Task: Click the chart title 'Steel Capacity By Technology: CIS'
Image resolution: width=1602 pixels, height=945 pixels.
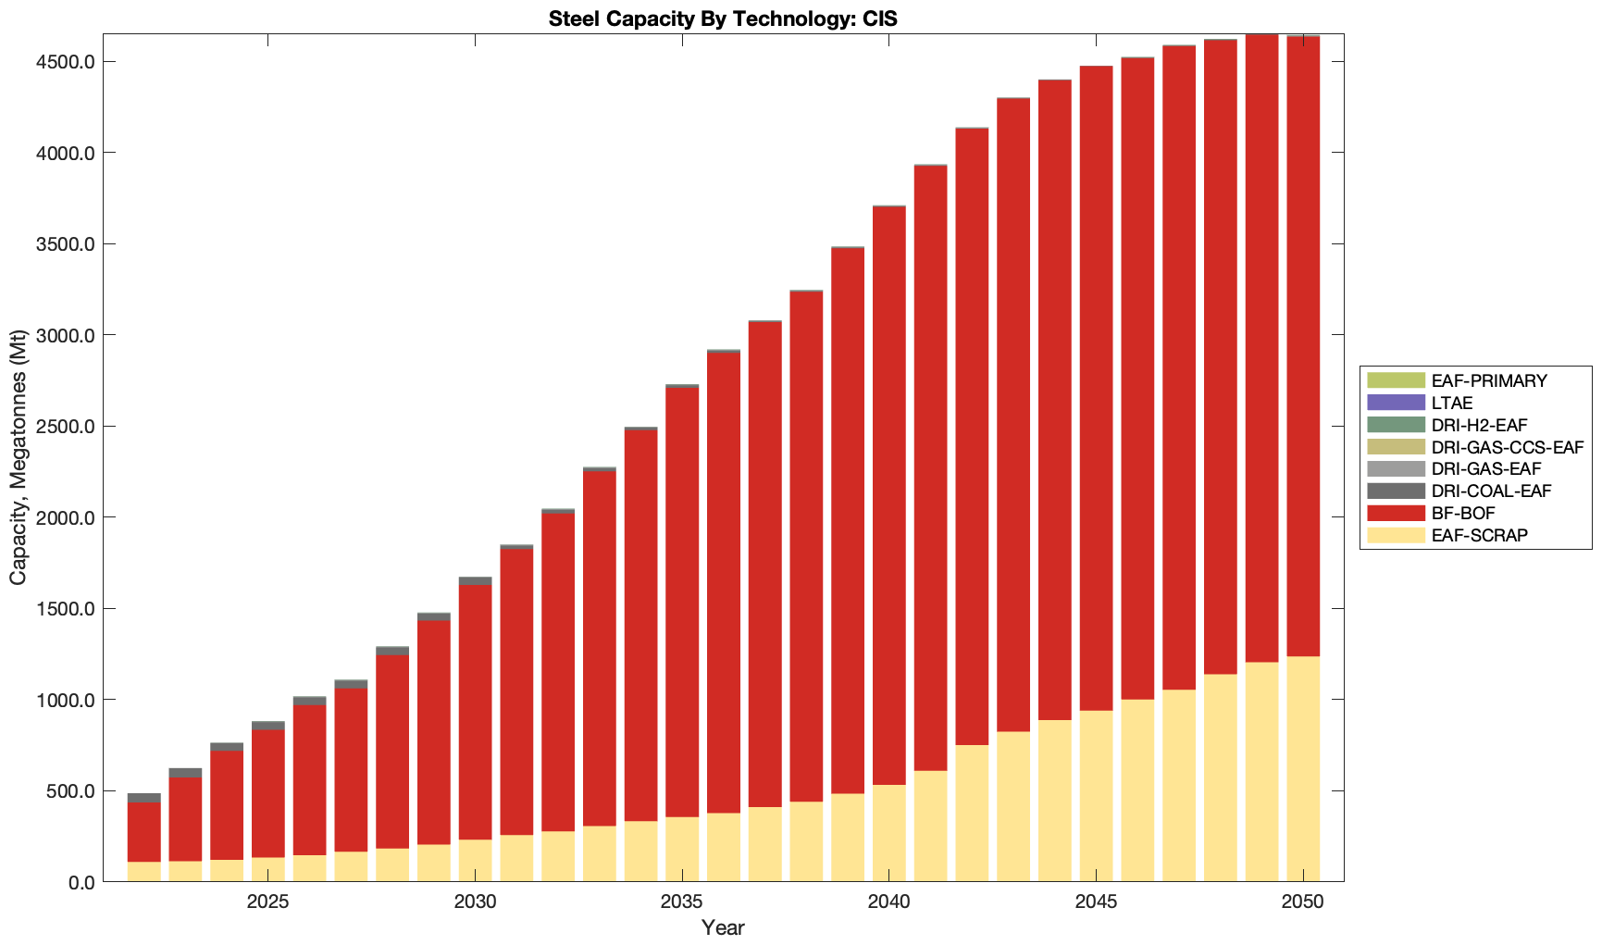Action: pyautogui.click(x=723, y=19)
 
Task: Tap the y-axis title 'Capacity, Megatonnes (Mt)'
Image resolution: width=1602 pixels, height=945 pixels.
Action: pyautogui.click(x=19, y=457)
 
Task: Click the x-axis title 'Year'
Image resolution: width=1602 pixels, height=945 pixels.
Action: pyautogui.click(x=723, y=927)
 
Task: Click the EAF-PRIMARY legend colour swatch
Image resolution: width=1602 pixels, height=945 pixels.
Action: pyautogui.click(x=1396, y=380)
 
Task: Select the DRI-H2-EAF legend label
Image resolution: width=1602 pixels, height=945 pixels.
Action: pyautogui.click(x=1479, y=425)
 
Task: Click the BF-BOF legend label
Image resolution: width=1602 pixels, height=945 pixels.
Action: pyautogui.click(x=1462, y=514)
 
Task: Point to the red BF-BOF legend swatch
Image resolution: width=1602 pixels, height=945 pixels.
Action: pyautogui.click(x=1396, y=514)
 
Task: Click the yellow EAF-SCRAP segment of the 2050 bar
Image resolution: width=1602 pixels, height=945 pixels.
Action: pyautogui.click(x=1303, y=768)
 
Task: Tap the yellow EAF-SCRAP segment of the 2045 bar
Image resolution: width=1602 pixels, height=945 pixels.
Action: pyautogui.click(x=1096, y=796)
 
